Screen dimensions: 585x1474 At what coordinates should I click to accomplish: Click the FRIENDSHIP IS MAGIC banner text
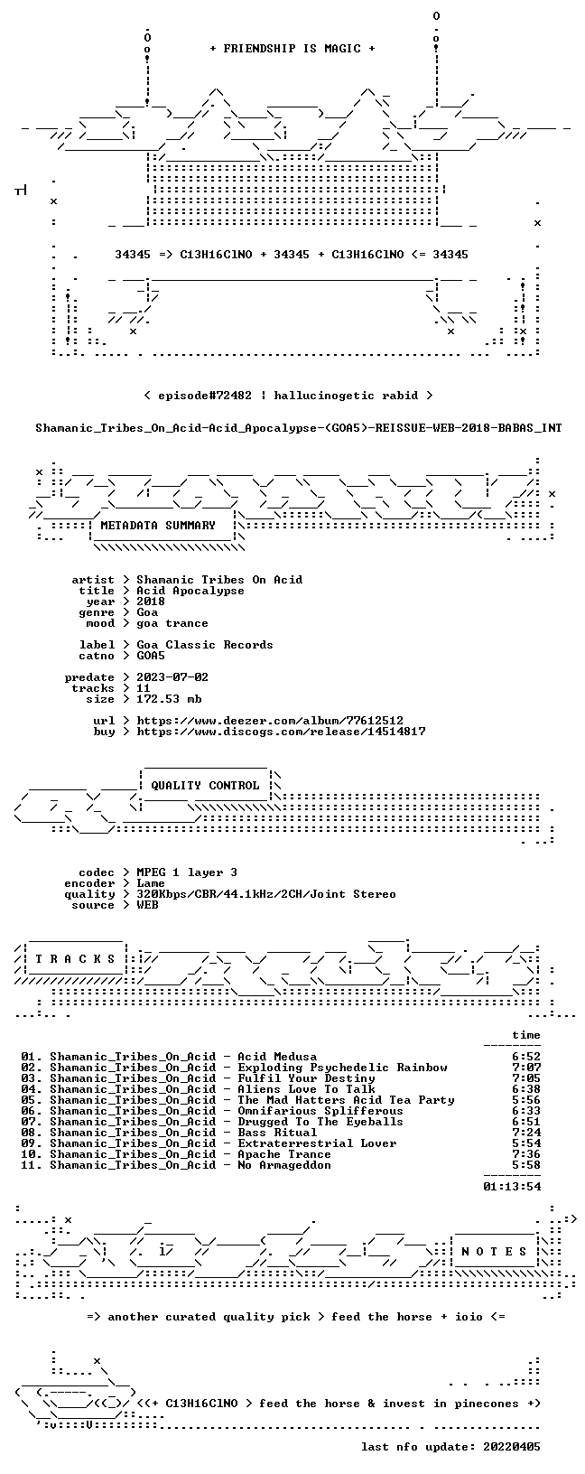point(292,49)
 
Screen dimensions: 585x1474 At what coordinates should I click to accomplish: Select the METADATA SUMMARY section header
point(158,526)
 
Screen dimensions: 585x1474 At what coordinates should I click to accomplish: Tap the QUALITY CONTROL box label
point(205,786)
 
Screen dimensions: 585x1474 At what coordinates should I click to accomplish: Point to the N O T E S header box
point(494,1252)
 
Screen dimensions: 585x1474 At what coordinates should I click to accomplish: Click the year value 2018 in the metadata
point(151,602)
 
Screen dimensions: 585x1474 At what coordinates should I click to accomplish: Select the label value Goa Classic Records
point(205,645)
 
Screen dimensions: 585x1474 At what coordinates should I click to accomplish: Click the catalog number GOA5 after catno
point(151,656)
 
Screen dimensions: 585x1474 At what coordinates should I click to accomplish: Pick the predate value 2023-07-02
point(172,677)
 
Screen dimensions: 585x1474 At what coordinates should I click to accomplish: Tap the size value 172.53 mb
point(169,699)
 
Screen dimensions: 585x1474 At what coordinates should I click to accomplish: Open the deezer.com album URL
point(270,721)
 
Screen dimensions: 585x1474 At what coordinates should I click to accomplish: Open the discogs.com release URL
point(281,732)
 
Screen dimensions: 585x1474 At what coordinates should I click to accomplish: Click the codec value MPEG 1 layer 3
point(187,872)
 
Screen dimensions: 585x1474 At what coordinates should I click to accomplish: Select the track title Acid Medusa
point(277,1057)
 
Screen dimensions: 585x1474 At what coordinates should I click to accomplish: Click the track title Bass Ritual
point(277,1133)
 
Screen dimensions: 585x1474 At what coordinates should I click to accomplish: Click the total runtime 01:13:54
point(512,1187)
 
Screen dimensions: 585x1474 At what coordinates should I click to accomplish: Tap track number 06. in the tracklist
point(32,1111)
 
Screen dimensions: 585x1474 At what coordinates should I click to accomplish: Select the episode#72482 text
point(205,396)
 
